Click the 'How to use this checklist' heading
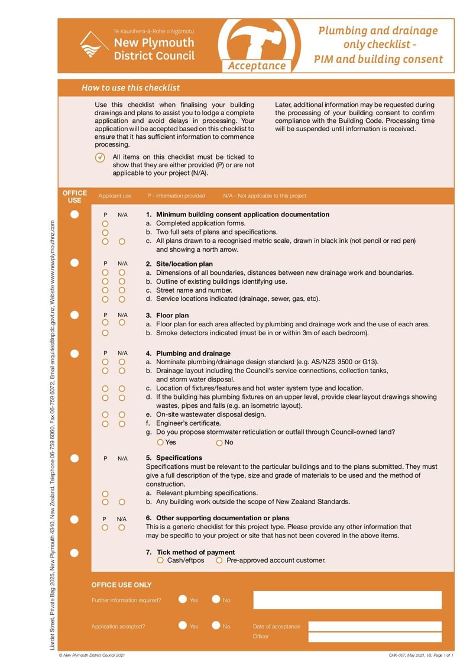pos(131,87)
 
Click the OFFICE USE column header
pos(74,196)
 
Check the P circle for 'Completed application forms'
pos(105,224)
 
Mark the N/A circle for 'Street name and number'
pos(122,290)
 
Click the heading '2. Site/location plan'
pos(179,264)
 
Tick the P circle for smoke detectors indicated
pos(105,333)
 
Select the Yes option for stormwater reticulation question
pos(160,442)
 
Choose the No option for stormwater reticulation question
pos(219,442)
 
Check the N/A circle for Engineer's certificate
pos(122,423)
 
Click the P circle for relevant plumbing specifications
pos(105,493)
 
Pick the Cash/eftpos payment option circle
pos(160,560)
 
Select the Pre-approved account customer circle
pos(219,560)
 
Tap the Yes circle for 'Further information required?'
pos(183,599)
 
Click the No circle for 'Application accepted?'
pos(216,626)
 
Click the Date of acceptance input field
pos(374,626)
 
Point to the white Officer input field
pos(374,637)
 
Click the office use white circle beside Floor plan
pos(74,315)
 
